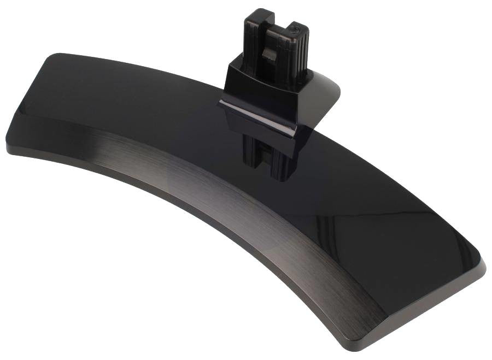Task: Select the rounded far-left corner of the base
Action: (11, 137)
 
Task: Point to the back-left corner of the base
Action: (55, 56)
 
